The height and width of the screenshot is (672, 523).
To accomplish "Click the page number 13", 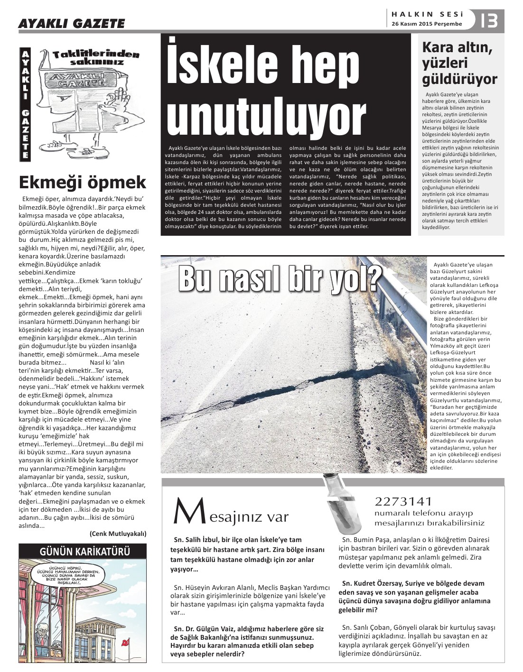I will [489, 20].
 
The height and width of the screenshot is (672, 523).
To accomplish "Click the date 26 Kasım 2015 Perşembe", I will [427, 24].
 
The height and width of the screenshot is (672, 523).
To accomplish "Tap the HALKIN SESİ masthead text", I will [427, 14].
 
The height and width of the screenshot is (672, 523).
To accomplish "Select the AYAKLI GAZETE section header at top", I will [72, 23].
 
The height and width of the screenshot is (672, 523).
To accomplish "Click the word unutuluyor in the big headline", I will [266, 116].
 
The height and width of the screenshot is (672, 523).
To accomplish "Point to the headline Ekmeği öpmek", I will [83, 182].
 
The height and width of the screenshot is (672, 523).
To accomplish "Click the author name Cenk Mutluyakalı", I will [118, 534].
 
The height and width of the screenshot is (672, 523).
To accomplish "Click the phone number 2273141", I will [403, 501].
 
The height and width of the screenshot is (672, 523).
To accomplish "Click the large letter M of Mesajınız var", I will [184, 511].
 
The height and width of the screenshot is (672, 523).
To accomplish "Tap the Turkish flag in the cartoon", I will [126, 642].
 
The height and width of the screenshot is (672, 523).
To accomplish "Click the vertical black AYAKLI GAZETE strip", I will [25, 104].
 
